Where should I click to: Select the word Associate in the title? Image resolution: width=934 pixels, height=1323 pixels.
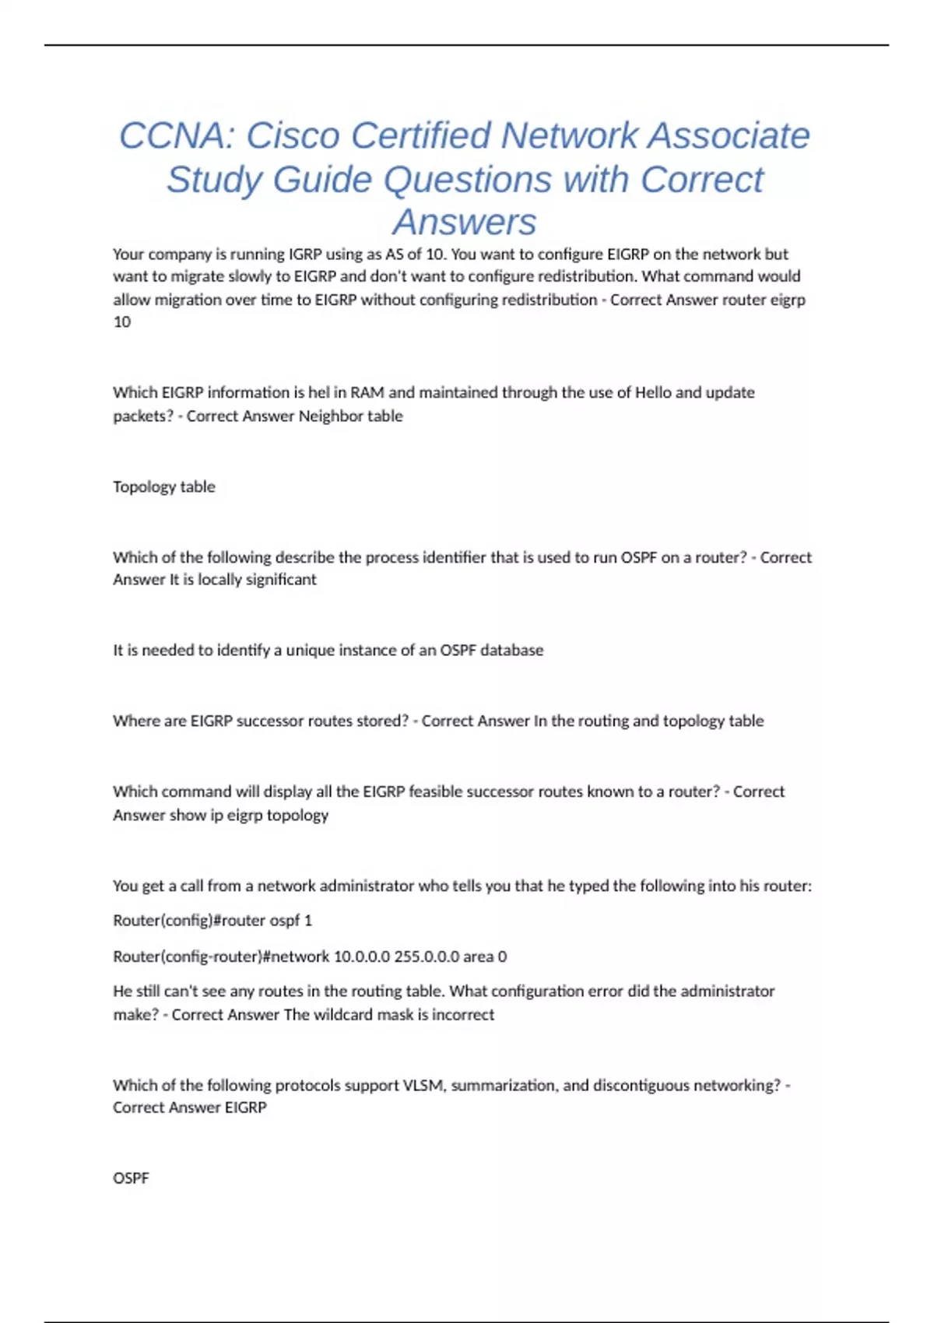click(x=729, y=135)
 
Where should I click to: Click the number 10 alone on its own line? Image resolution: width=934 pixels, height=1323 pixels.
click(x=122, y=322)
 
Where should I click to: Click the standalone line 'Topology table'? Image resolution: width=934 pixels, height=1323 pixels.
click(x=163, y=486)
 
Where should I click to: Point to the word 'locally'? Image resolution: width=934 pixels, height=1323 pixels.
click(x=219, y=579)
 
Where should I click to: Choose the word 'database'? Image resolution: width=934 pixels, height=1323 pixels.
click(x=511, y=650)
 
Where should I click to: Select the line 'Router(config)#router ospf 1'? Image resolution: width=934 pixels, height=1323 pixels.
click(x=212, y=920)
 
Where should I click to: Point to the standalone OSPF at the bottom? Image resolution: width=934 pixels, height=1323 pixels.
click(x=131, y=1178)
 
